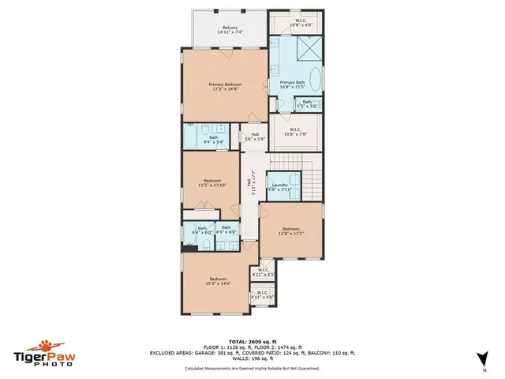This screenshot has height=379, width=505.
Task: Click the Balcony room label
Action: tap(230, 29)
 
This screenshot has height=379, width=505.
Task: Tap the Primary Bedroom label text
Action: tap(225, 86)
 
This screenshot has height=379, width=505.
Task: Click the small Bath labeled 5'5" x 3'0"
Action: tap(307, 103)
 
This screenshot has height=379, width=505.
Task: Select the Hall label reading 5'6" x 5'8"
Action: tap(255, 137)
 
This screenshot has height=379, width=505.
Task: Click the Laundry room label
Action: tap(279, 187)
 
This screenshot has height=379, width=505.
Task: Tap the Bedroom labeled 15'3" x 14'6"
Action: tap(218, 280)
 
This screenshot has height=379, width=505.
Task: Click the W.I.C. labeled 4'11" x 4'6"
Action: tap(260, 296)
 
